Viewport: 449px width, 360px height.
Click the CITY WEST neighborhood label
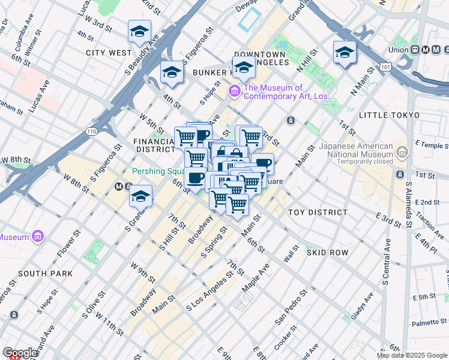[x=109, y=53]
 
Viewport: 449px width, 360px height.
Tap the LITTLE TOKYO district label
[x=388, y=115]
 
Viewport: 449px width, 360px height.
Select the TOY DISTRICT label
[x=318, y=212]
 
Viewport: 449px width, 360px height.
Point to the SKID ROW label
[x=327, y=253]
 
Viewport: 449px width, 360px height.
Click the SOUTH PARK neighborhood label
[x=45, y=274]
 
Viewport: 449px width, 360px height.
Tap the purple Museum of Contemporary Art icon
[x=234, y=92]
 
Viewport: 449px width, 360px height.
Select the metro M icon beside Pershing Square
[x=119, y=187]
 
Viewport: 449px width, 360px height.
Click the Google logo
[x=20, y=353]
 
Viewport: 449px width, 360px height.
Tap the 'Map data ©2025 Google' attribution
[x=412, y=355]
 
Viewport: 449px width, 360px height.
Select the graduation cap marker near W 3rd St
[x=139, y=32]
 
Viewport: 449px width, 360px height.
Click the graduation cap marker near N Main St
[x=345, y=52]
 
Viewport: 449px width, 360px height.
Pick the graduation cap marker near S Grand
[x=140, y=196]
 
